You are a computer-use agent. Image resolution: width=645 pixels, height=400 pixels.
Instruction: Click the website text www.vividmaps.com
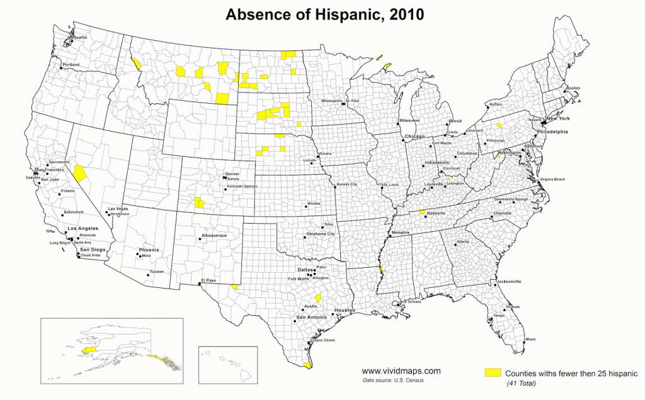(401, 372)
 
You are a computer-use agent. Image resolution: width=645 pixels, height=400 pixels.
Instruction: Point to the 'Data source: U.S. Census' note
(394, 381)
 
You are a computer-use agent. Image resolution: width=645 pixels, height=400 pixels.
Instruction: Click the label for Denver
(232, 174)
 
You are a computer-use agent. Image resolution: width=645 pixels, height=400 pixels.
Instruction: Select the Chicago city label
(415, 137)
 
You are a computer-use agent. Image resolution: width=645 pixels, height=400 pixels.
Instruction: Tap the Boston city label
(573, 88)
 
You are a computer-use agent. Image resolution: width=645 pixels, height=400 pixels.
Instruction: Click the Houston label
(345, 311)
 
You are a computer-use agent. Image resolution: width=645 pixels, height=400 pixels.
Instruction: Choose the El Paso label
(209, 280)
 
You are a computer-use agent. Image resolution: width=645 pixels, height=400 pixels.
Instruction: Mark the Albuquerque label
(214, 235)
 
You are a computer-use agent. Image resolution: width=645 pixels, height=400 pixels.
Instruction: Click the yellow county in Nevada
(80, 173)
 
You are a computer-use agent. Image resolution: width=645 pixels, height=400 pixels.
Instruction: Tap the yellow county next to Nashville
(422, 213)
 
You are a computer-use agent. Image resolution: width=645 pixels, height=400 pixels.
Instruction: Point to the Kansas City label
(346, 184)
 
